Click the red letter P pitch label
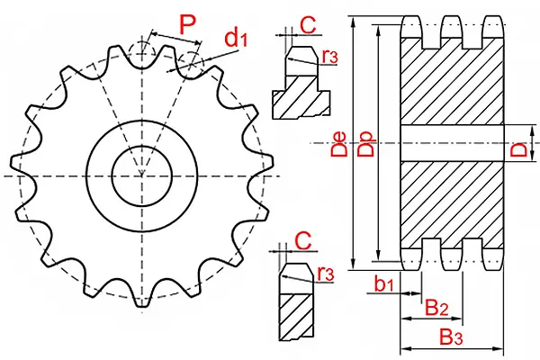point(187,22)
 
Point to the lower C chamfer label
point(303,239)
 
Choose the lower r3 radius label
point(325,272)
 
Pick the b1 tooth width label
point(384,284)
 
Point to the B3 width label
point(451,337)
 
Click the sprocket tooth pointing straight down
point(142,297)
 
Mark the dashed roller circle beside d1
point(192,62)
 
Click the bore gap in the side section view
point(451,144)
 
